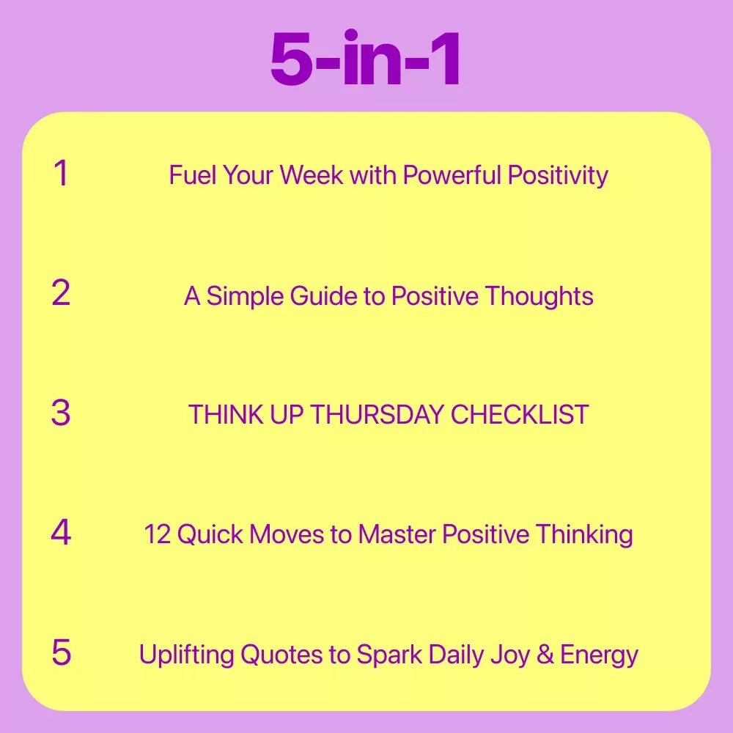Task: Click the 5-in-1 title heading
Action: point(366,58)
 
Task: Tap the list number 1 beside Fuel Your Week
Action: point(62,173)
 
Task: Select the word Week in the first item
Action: point(312,175)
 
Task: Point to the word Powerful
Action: point(452,175)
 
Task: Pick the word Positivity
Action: point(558,176)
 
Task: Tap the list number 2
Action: point(61,293)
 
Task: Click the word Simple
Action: point(245,297)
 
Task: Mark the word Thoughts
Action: point(539,297)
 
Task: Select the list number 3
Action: point(61,413)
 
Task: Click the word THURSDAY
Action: point(377,415)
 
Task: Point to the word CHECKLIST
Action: point(520,415)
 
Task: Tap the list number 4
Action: point(61,532)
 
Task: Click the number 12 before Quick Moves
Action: point(158,534)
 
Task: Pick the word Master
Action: point(397,534)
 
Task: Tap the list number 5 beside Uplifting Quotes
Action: point(62,652)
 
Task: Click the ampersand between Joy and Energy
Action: point(545,655)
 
